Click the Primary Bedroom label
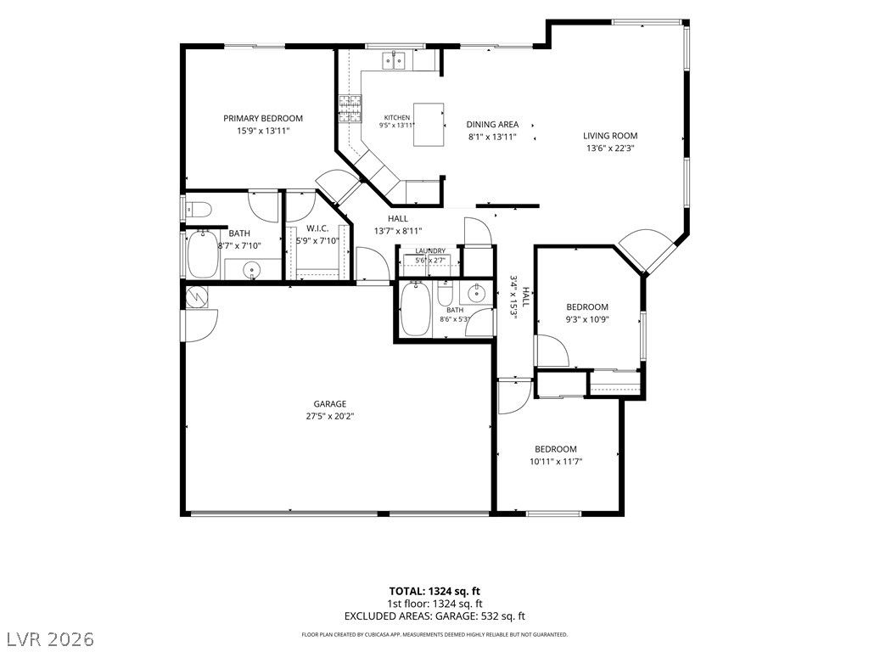click(x=263, y=118)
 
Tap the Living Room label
click(x=609, y=135)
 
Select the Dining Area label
click(x=492, y=124)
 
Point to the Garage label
click(x=330, y=404)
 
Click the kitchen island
click(x=429, y=124)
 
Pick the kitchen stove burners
click(x=350, y=108)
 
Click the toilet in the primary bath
click(x=199, y=210)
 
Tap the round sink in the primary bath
click(x=253, y=270)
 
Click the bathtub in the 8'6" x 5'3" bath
click(x=415, y=308)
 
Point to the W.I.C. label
click(x=317, y=228)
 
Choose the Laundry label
click(x=430, y=250)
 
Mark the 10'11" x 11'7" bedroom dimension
click(x=556, y=461)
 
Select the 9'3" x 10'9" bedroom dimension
click(x=587, y=319)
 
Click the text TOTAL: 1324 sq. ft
click(x=434, y=591)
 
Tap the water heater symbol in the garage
click(x=196, y=296)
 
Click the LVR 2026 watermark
click(x=48, y=638)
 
